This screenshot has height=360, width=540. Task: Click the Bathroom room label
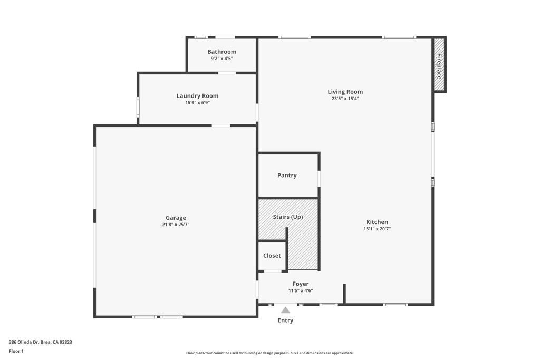(221, 52)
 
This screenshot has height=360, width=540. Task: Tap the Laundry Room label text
(197, 96)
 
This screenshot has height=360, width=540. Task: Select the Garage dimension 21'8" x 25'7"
(176, 225)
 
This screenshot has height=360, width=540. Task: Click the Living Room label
(345, 92)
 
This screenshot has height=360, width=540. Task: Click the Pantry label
(287, 176)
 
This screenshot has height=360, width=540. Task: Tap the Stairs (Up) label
(287, 217)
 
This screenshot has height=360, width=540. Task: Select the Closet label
(272, 256)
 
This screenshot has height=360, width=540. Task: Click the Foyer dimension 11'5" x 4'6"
(301, 290)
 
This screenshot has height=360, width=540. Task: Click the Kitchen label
(377, 222)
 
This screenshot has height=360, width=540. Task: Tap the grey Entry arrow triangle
(285, 310)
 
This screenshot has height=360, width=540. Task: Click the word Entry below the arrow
(285, 320)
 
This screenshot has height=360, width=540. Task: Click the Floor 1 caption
(16, 351)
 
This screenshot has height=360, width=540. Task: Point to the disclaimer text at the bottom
(269, 353)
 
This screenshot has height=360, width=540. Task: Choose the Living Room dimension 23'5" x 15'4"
(345, 99)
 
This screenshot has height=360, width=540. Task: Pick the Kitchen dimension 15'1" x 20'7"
(377, 229)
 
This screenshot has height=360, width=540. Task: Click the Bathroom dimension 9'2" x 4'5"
(221, 59)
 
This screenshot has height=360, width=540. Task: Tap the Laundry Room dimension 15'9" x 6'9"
(197, 103)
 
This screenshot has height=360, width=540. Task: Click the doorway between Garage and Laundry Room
(221, 125)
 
